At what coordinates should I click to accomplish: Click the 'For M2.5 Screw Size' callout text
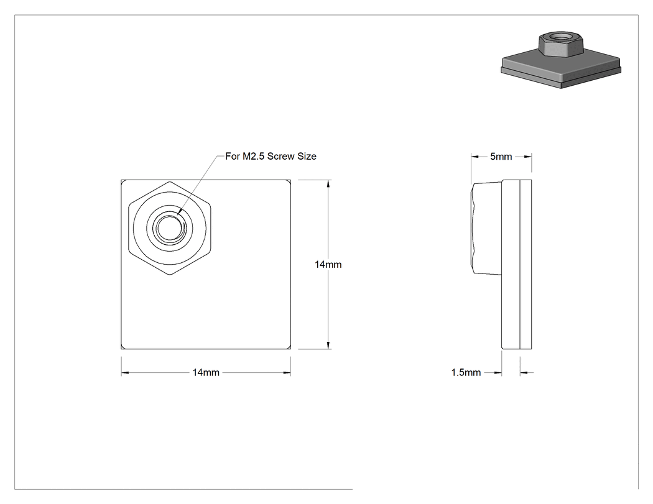coord(271,157)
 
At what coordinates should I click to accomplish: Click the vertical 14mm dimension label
coord(328,264)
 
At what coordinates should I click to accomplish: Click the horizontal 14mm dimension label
coord(206,372)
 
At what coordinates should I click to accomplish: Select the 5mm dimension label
coord(501,157)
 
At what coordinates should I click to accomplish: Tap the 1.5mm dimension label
coord(466,372)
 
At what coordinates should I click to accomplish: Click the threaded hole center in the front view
coord(170,227)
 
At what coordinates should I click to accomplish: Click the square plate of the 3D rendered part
coord(560,71)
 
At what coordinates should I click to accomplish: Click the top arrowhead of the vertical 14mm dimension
coord(328,183)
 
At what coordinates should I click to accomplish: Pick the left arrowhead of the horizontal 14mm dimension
coord(125,372)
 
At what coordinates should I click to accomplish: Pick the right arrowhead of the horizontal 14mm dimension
coord(287,372)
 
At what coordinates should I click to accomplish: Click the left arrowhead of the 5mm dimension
coord(475,157)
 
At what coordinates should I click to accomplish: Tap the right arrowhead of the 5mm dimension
coord(527,157)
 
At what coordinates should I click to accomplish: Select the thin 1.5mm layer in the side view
coord(526,264)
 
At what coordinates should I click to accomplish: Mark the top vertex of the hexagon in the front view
coord(170,181)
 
